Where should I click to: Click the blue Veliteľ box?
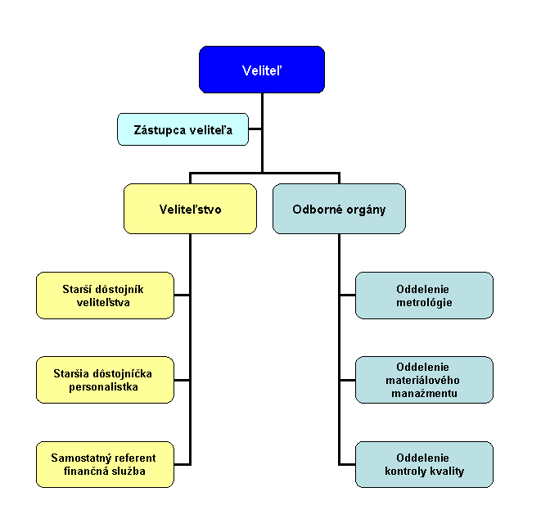coord(262,69)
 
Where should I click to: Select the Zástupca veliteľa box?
coord(183,129)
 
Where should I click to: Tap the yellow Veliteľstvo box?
coord(190,209)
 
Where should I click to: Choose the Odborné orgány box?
coord(339,209)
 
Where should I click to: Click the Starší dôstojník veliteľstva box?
coord(105,296)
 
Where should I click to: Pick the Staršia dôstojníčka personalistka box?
coord(105,380)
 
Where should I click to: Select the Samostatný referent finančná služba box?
coord(105,464)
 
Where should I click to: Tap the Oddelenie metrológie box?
coord(424,296)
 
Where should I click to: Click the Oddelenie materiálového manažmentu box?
coord(424,380)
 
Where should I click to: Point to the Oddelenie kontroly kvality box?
coord(424,464)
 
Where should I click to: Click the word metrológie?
coord(424,303)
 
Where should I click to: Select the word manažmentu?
coord(424,394)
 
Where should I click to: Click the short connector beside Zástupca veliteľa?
coord(255,129)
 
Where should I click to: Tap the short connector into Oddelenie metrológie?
coord(347,296)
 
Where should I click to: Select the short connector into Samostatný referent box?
coord(182,464)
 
